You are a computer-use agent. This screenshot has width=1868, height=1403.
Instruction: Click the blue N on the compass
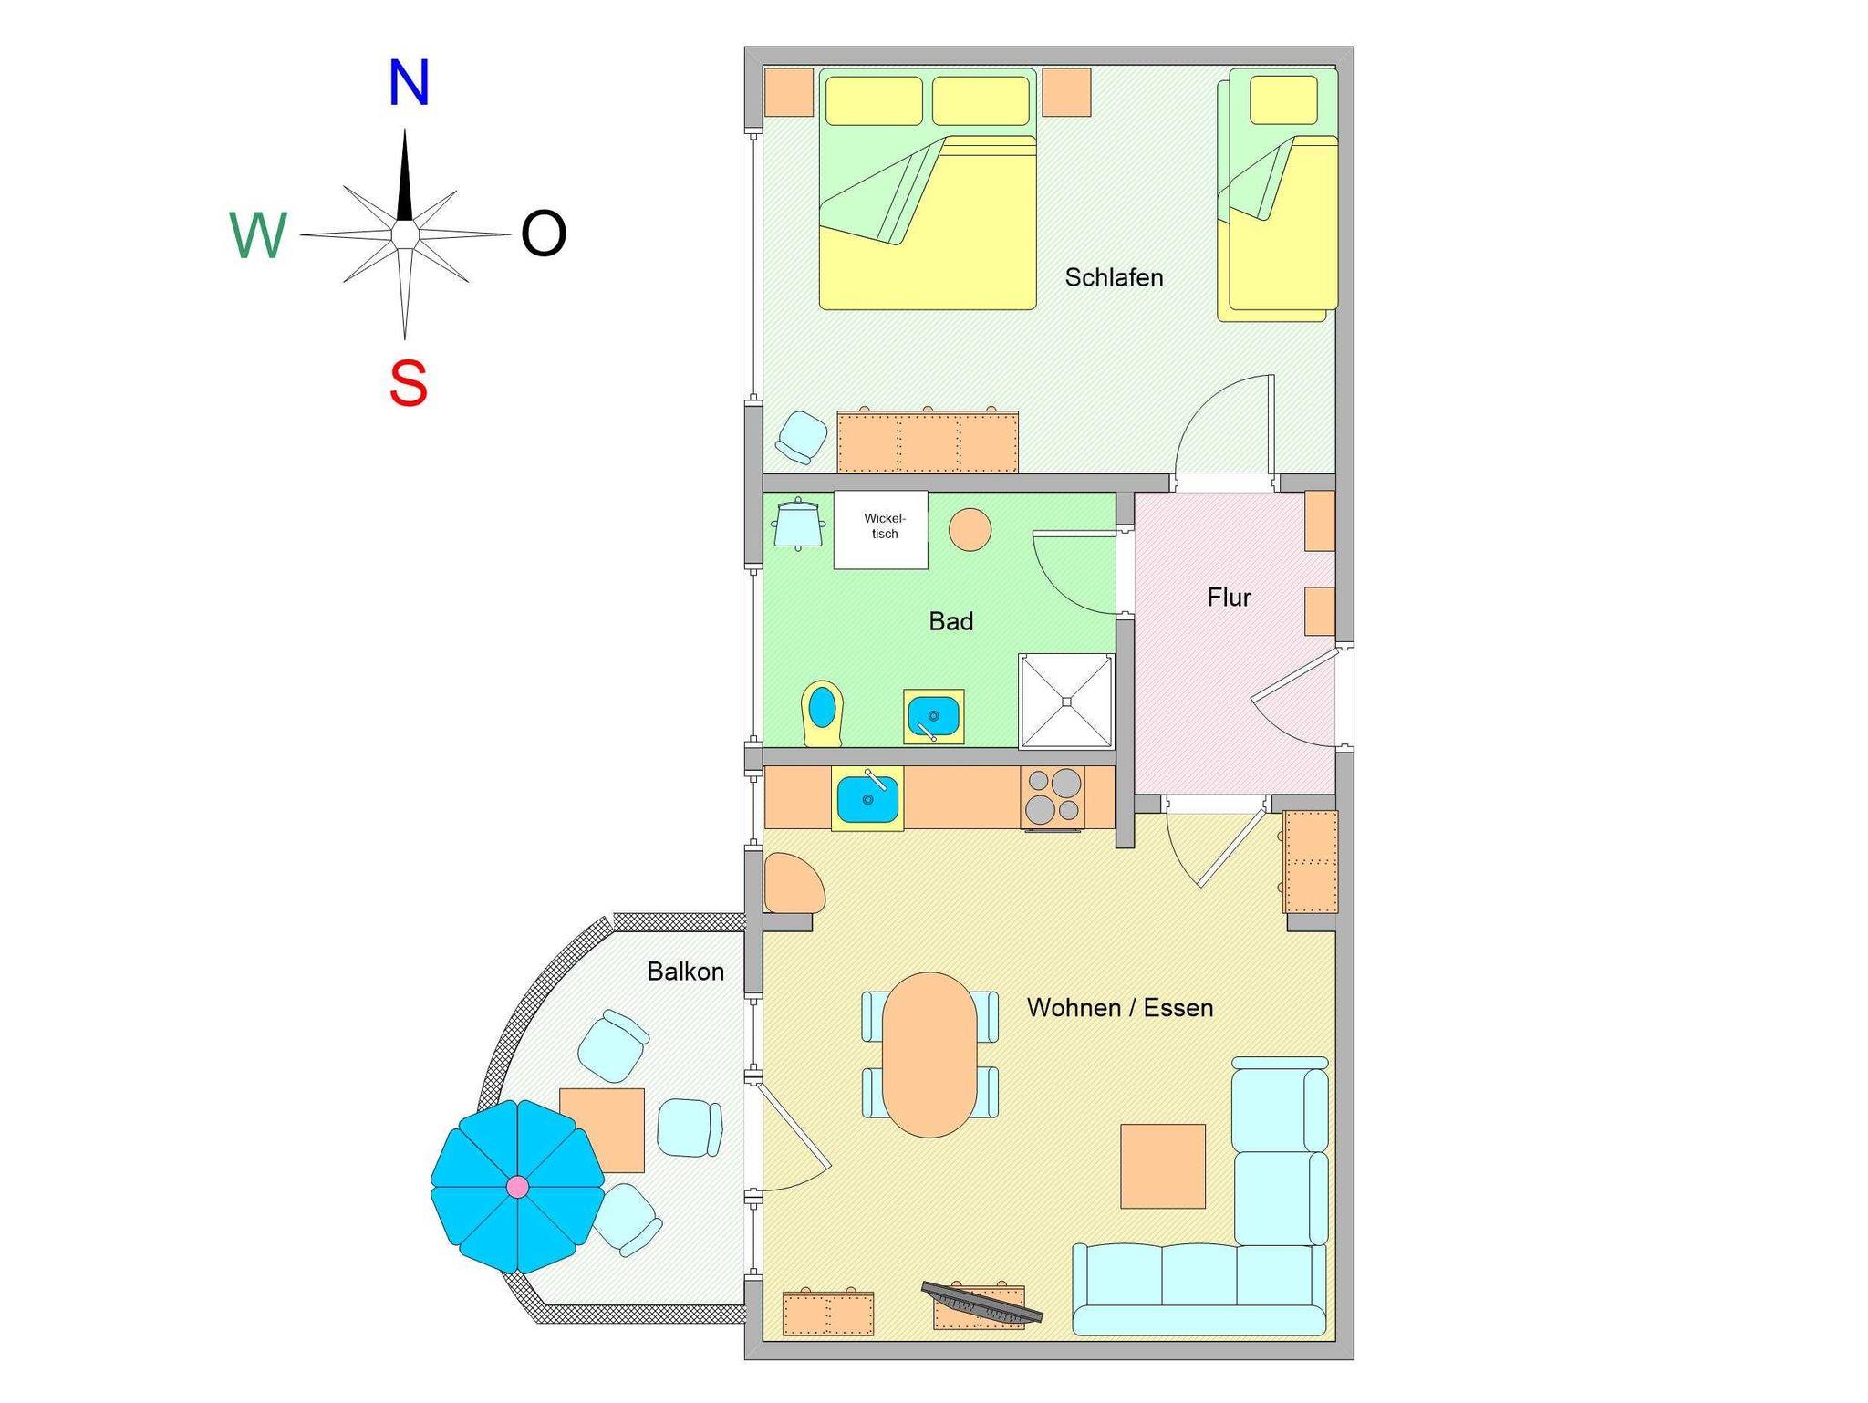pos(408,84)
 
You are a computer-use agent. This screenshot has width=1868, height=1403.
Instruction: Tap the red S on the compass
pos(408,383)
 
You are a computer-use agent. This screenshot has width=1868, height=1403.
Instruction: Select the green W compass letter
pos(258,235)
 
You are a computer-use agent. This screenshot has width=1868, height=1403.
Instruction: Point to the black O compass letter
pos(544,234)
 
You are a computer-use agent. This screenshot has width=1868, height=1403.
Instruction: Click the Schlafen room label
pos(1114,277)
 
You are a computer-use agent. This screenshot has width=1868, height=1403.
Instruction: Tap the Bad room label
pos(950,621)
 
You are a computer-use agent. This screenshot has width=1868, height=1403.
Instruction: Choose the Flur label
pos(1229,598)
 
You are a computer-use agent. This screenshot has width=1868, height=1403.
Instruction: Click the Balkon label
pos(685,972)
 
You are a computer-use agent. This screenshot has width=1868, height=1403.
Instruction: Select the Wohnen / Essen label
pos(1119,1008)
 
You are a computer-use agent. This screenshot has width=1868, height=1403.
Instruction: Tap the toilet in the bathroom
pos(822,712)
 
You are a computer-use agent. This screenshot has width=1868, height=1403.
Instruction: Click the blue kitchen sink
pos(867,798)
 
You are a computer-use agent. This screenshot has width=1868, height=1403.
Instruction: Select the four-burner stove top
pos(1053,796)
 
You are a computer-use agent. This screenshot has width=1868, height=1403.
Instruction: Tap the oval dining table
pos(929,1055)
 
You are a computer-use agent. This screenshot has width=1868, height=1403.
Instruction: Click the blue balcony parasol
pos(517,1186)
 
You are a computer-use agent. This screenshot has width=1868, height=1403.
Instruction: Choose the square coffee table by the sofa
pos(1162,1166)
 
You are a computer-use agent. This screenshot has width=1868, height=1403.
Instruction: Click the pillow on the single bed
pos(1283,99)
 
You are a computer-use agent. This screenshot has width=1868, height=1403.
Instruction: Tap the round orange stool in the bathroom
pos(970,529)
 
